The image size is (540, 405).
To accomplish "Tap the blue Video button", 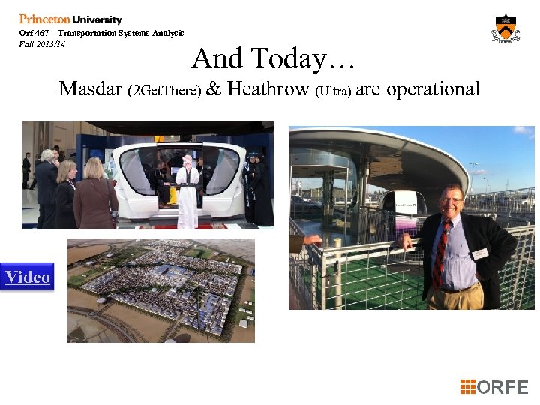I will (x=28, y=277).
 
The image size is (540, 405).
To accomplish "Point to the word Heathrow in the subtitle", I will (x=268, y=89).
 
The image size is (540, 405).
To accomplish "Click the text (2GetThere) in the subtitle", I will (x=164, y=91).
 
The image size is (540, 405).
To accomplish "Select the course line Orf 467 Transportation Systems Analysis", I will (x=101, y=33).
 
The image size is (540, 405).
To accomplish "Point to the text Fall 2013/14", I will (x=42, y=43).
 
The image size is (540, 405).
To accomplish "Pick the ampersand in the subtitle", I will (x=214, y=89).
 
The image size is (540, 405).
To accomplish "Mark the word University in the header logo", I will (x=97, y=19).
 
